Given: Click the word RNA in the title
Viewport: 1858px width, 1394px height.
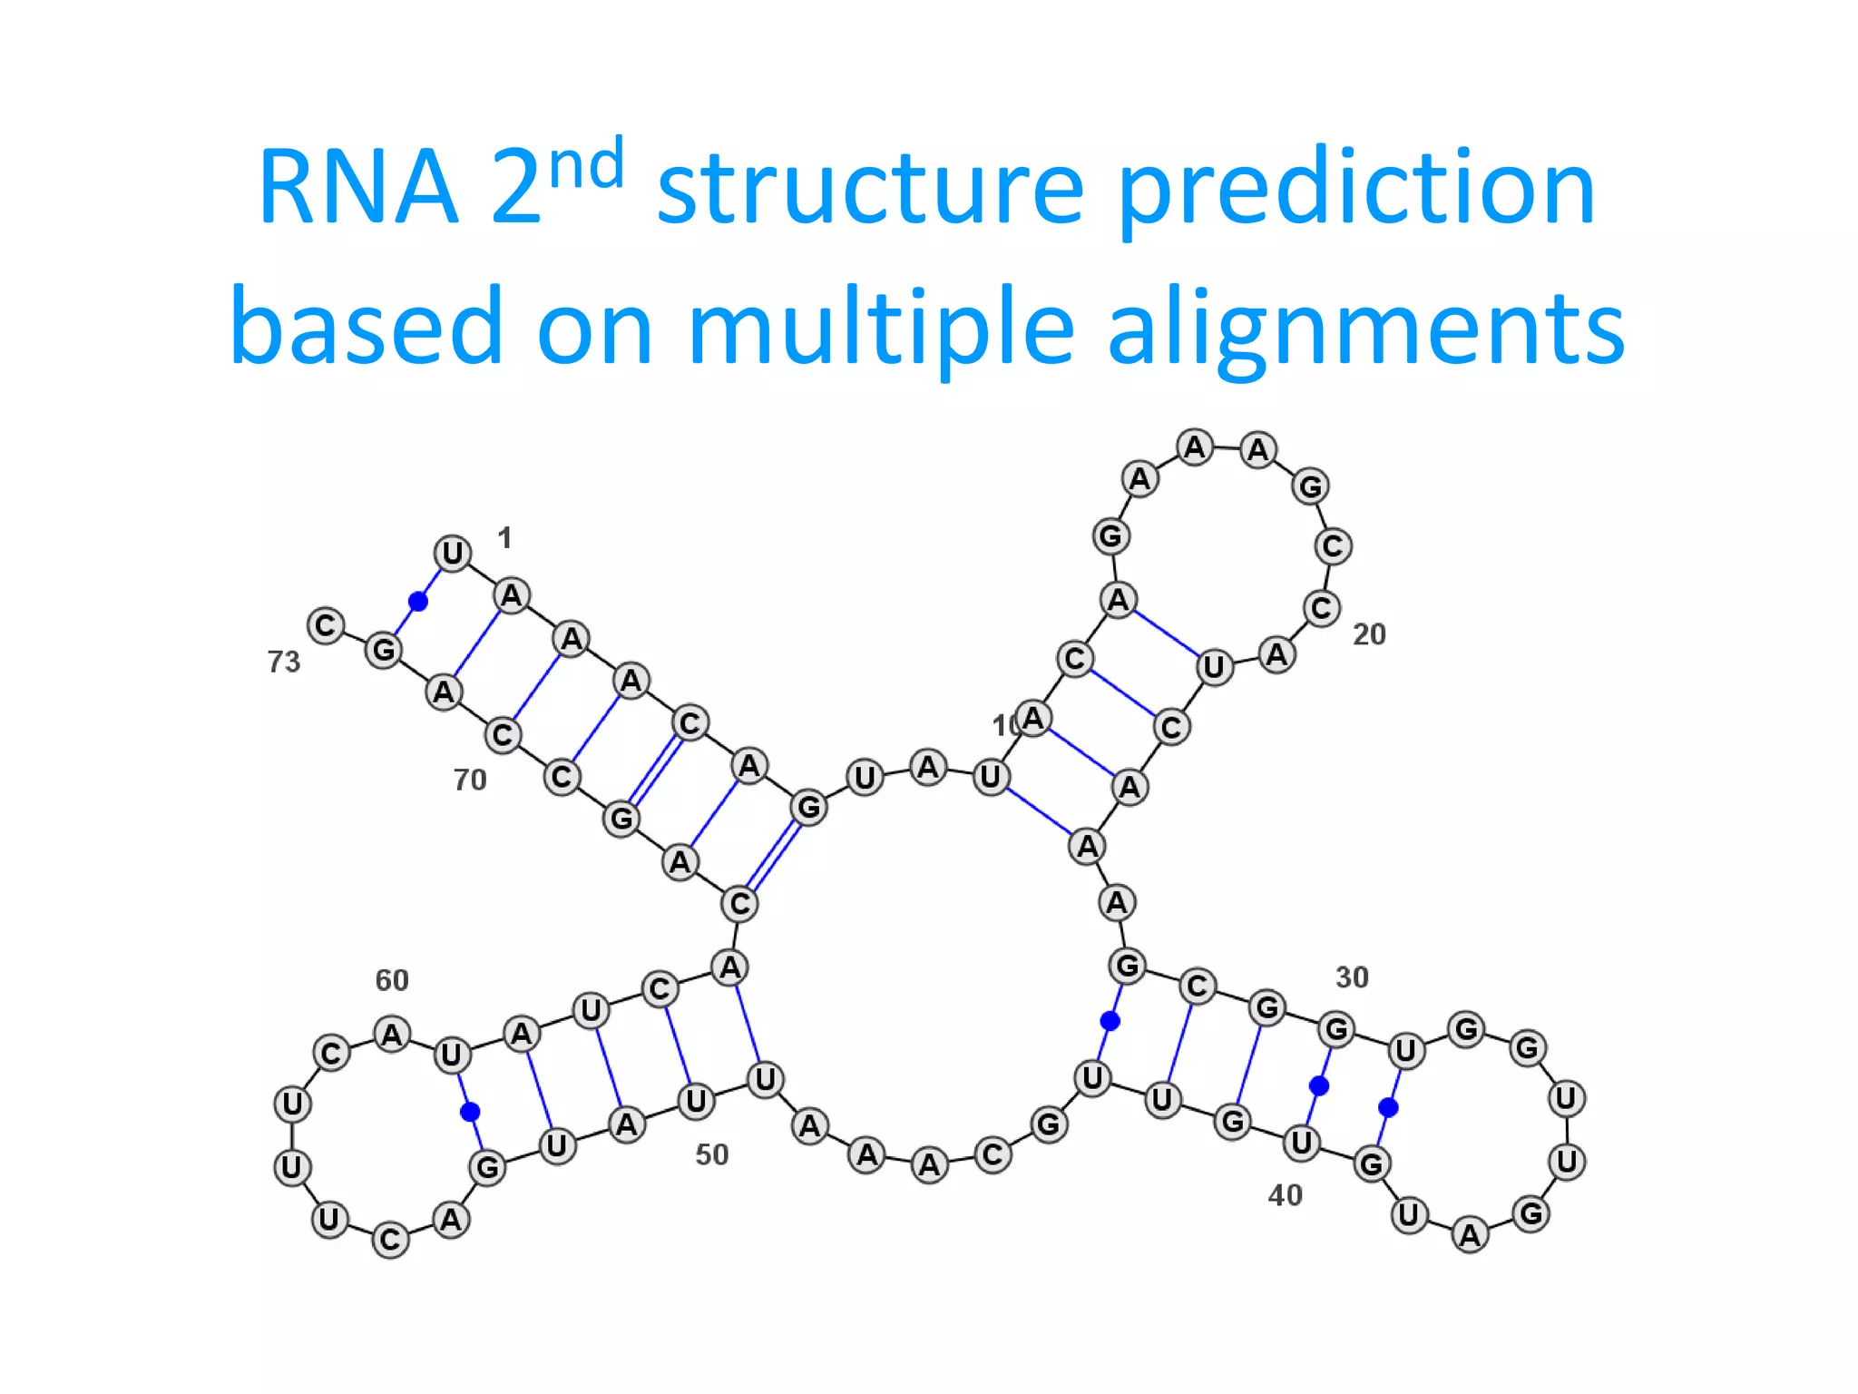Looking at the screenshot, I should click(x=357, y=188).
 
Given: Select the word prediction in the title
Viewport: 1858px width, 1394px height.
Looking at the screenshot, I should click(x=1356, y=188).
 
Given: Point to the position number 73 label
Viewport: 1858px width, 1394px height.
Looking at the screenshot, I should click(x=284, y=662).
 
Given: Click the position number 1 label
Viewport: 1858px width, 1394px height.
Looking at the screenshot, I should click(x=505, y=538).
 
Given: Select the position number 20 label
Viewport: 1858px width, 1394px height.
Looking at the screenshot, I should click(x=1369, y=634).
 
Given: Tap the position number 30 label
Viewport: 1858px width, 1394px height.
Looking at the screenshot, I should click(x=1352, y=977).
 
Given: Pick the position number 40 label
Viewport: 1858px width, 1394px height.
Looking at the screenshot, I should click(x=1285, y=1195).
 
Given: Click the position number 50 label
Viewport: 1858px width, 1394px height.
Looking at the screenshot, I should click(x=712, y=1154).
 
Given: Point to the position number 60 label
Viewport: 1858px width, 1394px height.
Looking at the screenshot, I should click(x=392, y=980).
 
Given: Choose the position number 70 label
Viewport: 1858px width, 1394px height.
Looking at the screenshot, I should click(x=470, y=780).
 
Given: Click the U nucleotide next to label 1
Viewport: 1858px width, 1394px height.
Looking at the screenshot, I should click(x=453, y=553).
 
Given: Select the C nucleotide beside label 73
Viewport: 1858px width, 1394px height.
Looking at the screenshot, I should click(x=326, y=625).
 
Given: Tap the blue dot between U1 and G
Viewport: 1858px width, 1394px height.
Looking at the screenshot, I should click(x=418, y=601).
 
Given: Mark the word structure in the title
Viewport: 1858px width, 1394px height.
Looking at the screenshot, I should click(x=870, y=188).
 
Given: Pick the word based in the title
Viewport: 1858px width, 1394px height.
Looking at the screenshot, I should click(x=366, y=327).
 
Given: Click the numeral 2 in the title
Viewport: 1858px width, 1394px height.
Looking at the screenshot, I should click(x=515, y=188).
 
